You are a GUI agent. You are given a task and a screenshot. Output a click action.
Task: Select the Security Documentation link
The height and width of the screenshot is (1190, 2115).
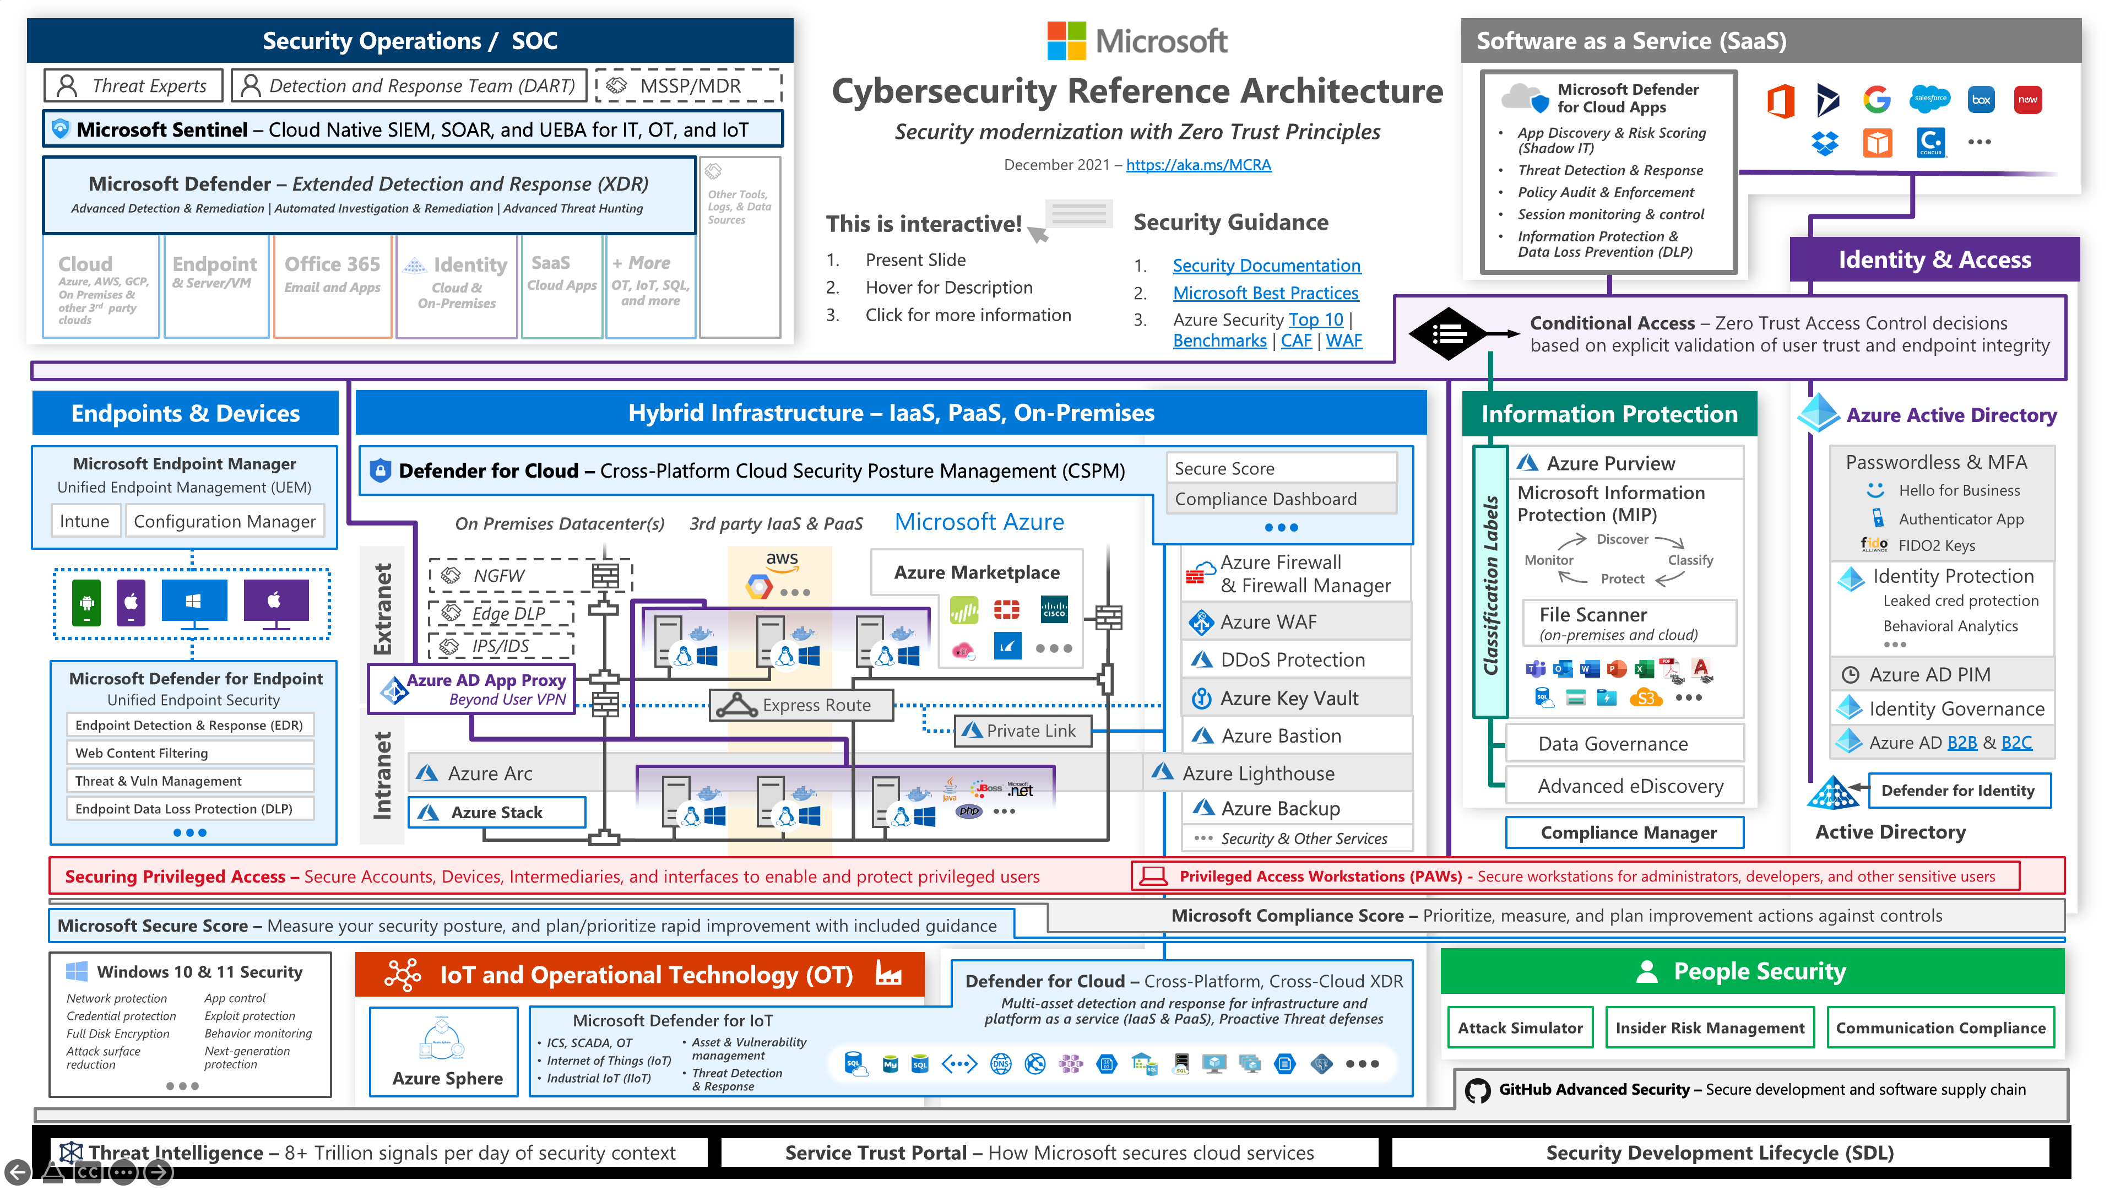click(1266, 265)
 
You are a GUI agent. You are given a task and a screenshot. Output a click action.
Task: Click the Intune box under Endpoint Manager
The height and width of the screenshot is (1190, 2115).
click(85, 522)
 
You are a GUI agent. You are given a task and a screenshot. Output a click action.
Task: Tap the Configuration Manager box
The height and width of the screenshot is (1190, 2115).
click(224, 522)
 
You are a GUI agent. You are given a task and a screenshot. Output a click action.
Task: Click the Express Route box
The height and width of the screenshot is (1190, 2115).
click(802, 705)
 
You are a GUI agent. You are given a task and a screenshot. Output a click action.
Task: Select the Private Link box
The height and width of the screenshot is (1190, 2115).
click(1023, 731)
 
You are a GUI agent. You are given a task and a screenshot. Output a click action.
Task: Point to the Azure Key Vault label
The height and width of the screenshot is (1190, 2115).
click(1288, 698)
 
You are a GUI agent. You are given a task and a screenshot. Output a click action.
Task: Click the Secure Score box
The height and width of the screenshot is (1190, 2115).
click(1281, 468)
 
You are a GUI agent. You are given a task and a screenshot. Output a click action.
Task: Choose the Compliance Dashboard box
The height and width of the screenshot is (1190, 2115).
click(1281, 499)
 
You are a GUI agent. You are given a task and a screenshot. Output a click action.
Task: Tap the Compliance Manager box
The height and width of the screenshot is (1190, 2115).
click(1628, 833)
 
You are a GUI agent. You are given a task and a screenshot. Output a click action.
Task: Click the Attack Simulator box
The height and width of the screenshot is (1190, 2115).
click(1520, 1027)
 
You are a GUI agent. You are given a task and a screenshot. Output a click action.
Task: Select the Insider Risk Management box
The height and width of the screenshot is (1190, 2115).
click(1710, 1027)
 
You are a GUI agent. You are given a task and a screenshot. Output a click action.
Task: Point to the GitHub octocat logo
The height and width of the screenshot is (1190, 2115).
click(1477, 1090)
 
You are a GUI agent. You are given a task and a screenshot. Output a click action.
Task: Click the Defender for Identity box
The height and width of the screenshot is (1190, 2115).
click(1957, 790)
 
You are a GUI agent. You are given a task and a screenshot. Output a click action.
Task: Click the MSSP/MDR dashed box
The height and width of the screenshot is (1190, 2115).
click(689, 85)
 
